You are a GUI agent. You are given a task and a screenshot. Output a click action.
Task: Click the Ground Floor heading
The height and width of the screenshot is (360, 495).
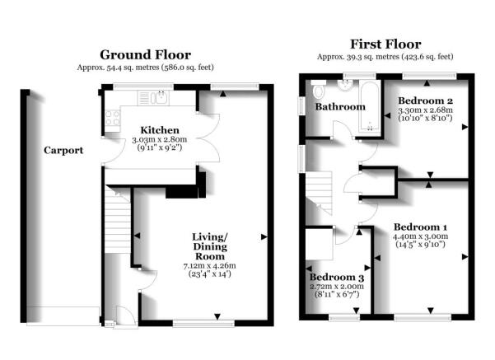147,54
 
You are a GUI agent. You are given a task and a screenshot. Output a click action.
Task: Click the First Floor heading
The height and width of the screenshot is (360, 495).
385,44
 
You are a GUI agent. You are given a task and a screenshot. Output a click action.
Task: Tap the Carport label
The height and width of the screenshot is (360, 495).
63,151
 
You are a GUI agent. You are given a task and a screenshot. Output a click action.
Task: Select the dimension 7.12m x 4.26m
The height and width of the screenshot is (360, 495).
203,265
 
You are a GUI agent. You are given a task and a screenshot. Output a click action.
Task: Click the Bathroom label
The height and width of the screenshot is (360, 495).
342,106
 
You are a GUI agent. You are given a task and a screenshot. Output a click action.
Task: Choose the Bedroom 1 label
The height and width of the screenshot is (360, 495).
420,227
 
